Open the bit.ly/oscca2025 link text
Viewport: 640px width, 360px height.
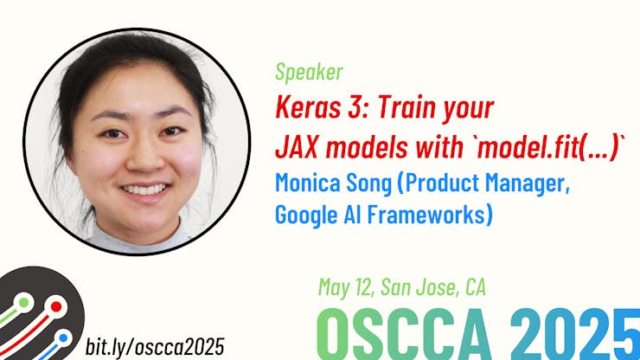[156, 347]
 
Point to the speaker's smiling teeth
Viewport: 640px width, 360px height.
[143, 189]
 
